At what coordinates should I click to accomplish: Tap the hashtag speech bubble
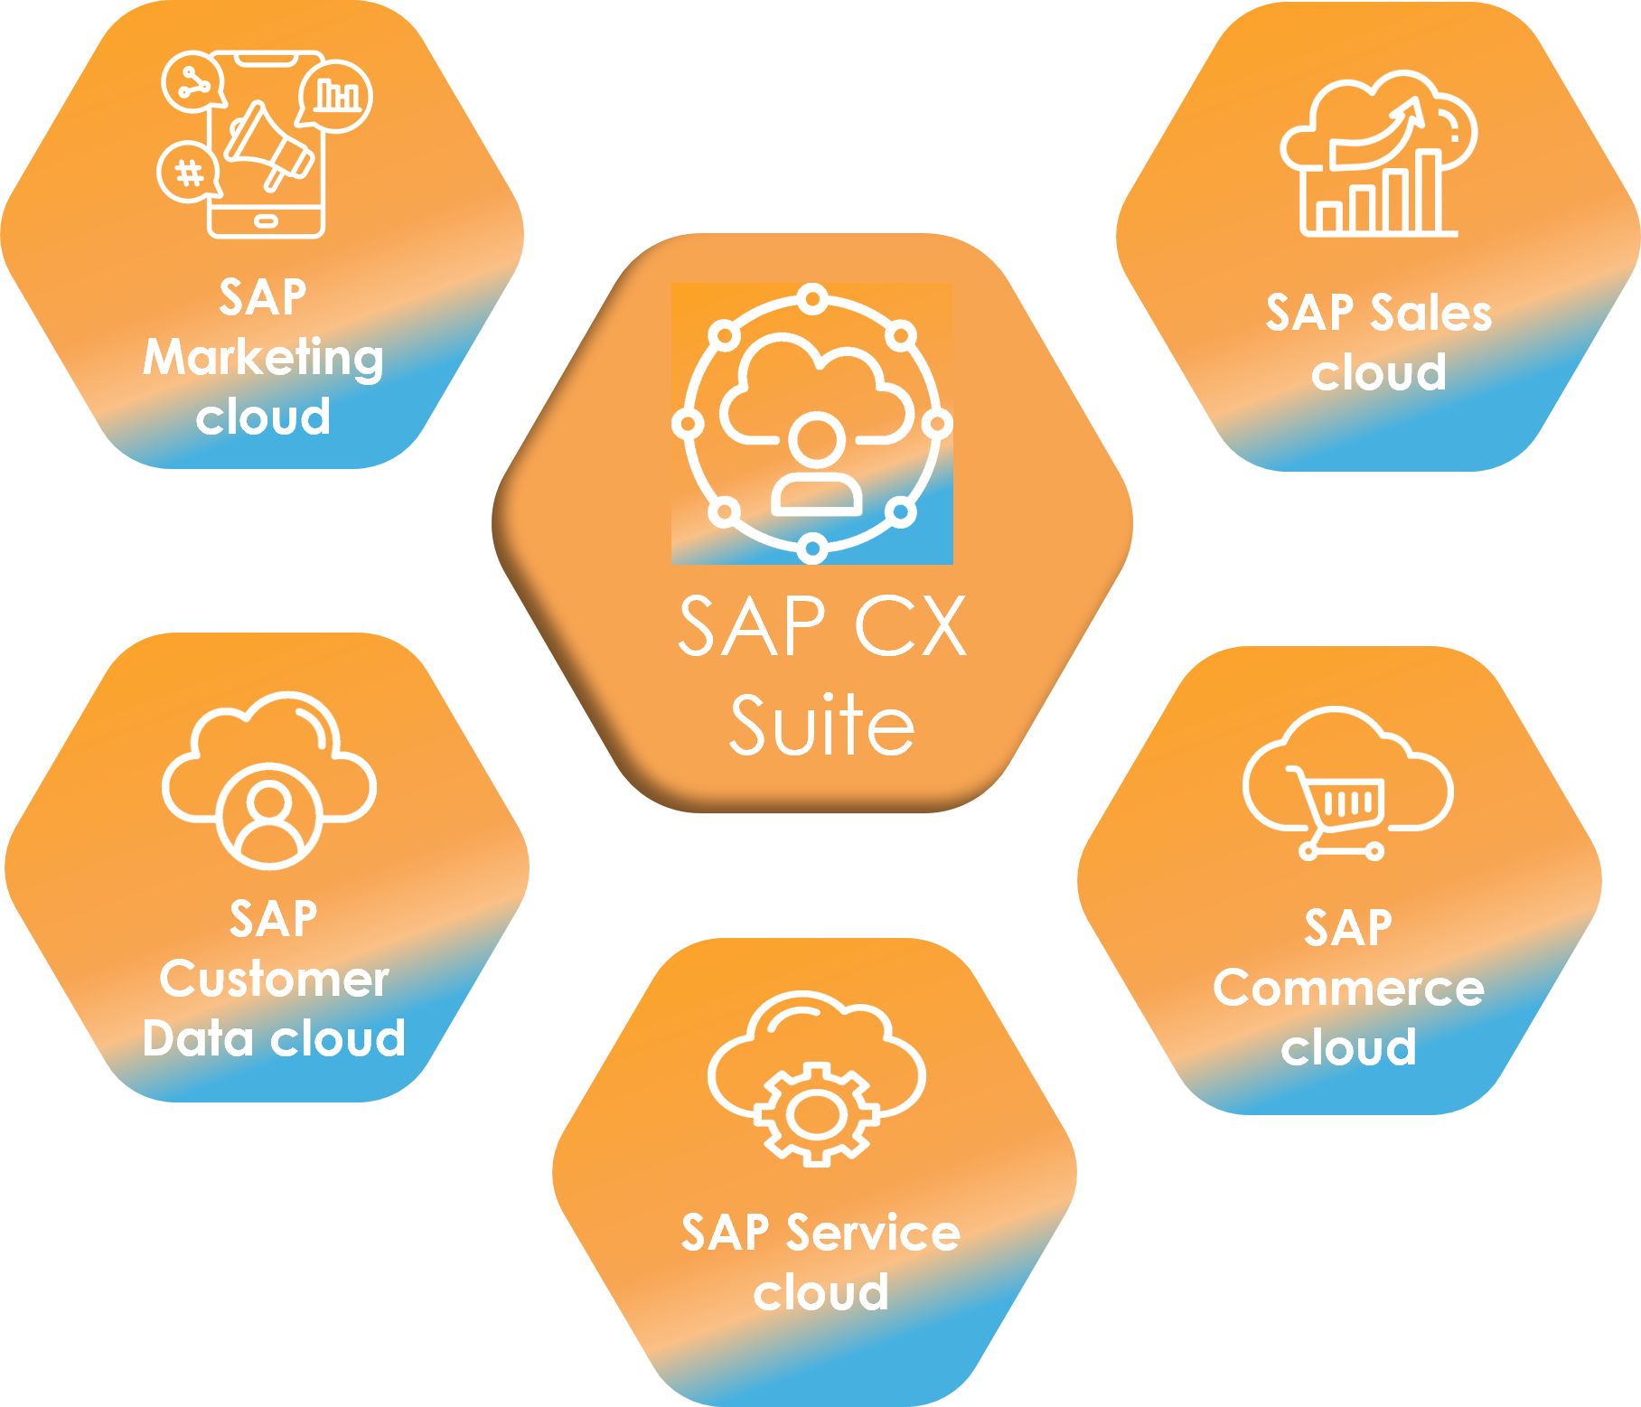[188, 172]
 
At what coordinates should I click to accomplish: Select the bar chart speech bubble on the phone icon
[336, 94]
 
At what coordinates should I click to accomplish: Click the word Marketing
[263, 358]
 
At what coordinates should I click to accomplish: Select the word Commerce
[1348, 988]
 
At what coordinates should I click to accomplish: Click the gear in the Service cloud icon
[816, 1113]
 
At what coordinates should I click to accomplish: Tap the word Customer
[274, 979]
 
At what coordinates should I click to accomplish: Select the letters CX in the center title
[910, 626]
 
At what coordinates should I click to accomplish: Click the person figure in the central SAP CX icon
[816, 465]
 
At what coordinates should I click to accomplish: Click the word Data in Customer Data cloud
[195, 1038]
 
